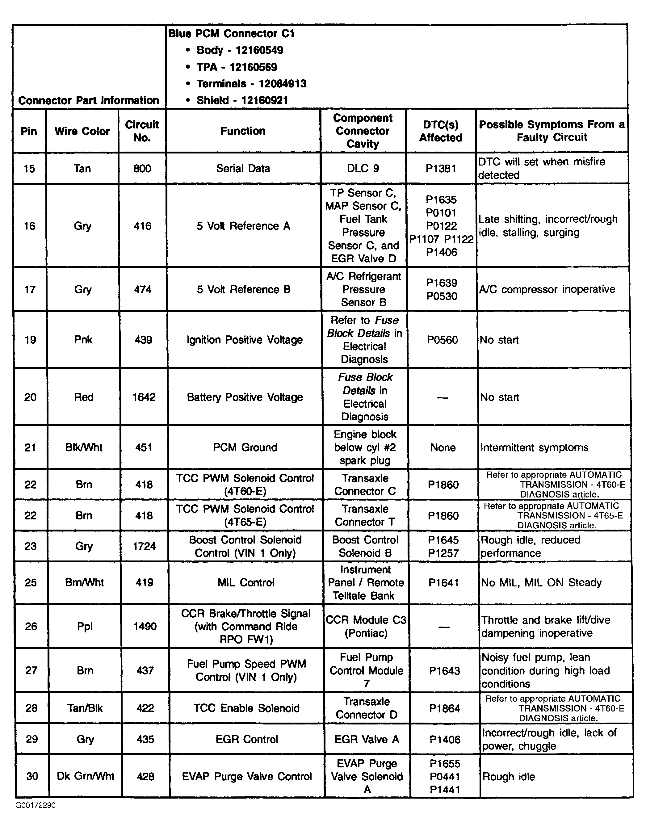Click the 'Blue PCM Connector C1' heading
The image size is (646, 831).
pos(231,33)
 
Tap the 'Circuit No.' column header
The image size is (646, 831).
pos(142,131)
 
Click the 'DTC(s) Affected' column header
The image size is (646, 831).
pos(441,131)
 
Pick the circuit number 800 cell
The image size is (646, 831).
pos(142,168)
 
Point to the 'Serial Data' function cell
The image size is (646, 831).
pos(243,168)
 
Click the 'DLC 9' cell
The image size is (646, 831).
pos(363,168)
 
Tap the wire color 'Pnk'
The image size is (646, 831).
pos(83,339)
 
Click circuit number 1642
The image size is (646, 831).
pos(144,397)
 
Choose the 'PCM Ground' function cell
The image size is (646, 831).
pos(245,447)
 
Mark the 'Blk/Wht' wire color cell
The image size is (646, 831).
pos(84,447)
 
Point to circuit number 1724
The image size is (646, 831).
pos(144,546)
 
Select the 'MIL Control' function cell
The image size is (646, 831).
pos(246,582)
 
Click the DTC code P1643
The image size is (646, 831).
pos(444,670)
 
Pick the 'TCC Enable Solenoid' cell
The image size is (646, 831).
pos(246,708)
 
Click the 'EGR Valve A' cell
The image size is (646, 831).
pos(367,739)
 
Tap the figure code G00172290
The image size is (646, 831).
pos(36,805)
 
